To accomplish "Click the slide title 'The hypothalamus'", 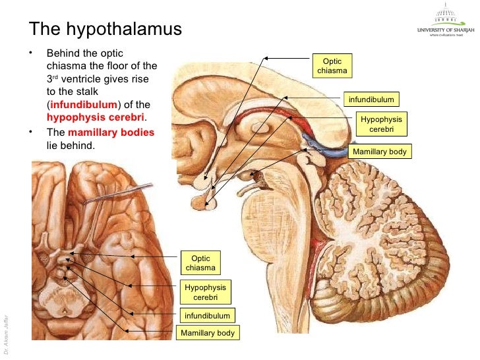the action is (x=105, y=30).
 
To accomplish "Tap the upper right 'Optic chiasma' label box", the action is (x=332, y=66).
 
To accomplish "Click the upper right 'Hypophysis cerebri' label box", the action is (x=380, y=125).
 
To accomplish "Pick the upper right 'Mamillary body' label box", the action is (x=380, y=152).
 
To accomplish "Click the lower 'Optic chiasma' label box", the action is (x=200, y=263).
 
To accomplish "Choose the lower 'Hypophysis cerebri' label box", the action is (x=205, y=292).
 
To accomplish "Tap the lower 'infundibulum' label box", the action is (x=207, y=316).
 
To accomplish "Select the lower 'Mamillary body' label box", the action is (x=208, y=333).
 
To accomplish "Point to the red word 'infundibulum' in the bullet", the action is (x=84, y=105).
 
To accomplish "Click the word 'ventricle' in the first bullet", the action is (x=90, y=79).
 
